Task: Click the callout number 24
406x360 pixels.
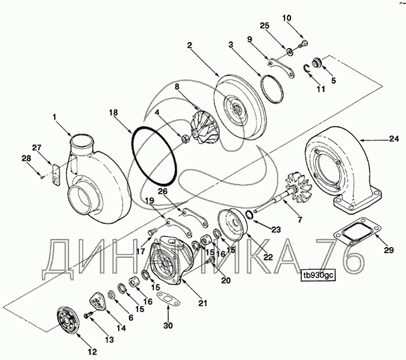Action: (x=395, y=139)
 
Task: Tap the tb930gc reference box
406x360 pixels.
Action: (x=319, y=275)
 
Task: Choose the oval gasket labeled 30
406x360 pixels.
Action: (x=169, y=299)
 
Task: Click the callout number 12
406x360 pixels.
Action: (x=92, y=352)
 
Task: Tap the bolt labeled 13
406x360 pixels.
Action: (x=88, y=315)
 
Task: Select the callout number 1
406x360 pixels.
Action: (x=54, y=117)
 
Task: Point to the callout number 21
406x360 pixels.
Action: (x=203, y=303)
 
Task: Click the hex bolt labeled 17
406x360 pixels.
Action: (x=152, y=231)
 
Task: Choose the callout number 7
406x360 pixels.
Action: (x=300, y=220)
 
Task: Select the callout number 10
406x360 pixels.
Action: (x=286, y=18)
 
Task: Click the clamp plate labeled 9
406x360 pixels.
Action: (x=281, y=68)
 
